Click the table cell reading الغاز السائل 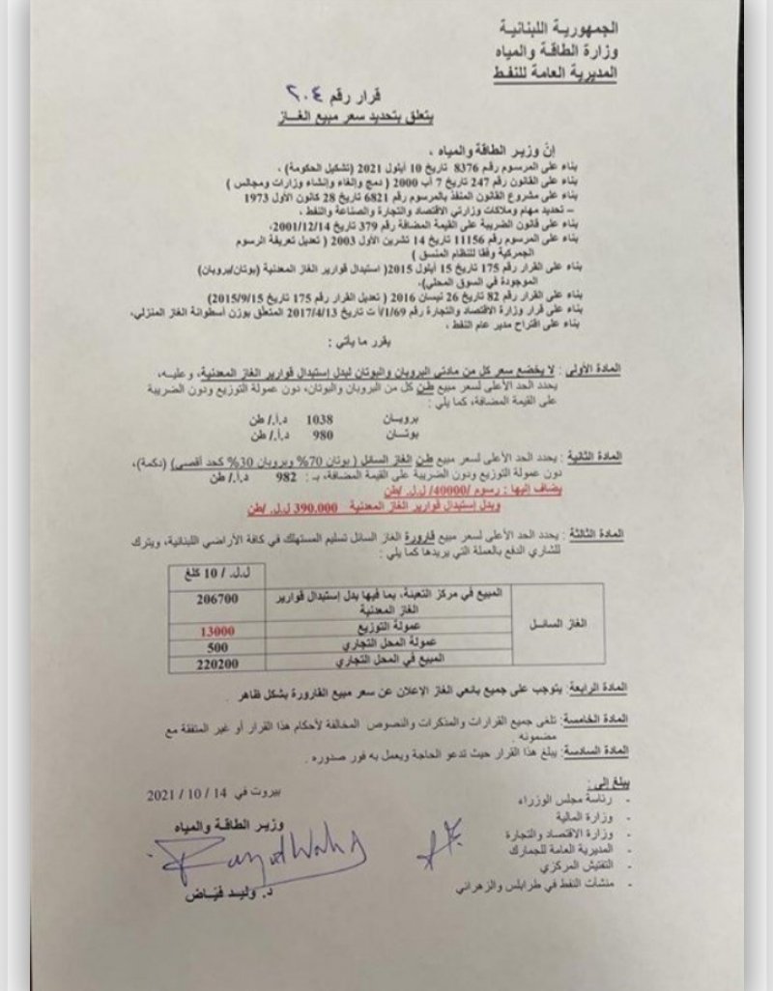click(x=558, y=625)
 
